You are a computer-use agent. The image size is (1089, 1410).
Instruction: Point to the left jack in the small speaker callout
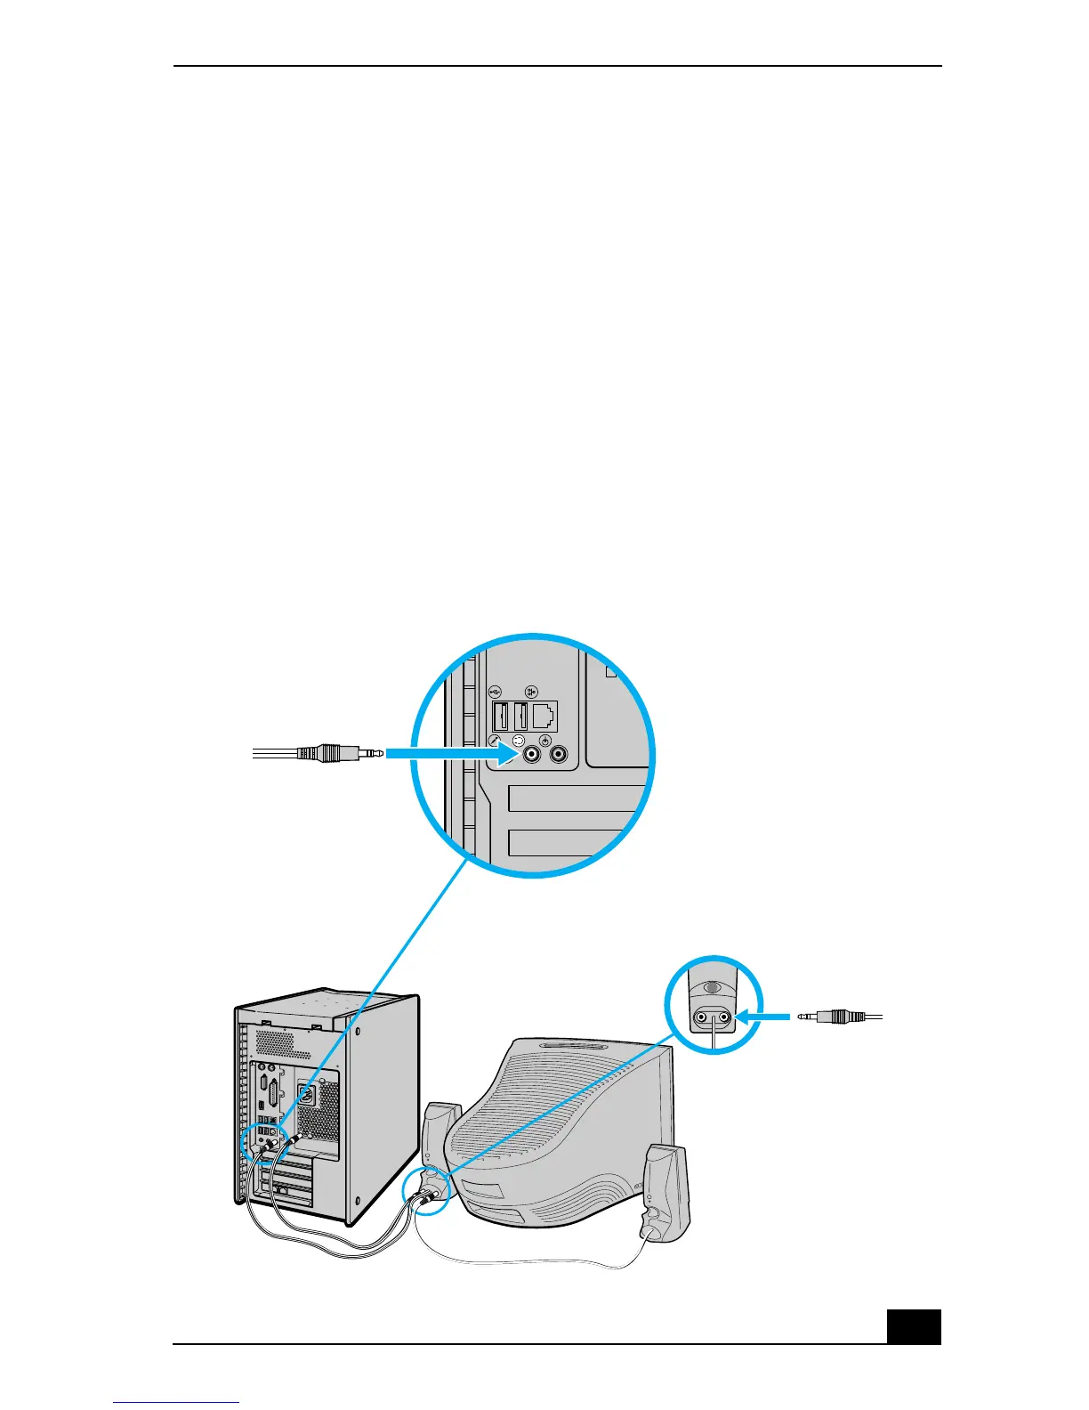pos(702,1017)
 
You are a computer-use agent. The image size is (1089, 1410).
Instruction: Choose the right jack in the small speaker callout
pos(725,1017)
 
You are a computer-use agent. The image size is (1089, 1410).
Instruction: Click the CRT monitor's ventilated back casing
pos(561,1122)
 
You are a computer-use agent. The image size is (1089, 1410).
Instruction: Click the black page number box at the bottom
pos(914,1325)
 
